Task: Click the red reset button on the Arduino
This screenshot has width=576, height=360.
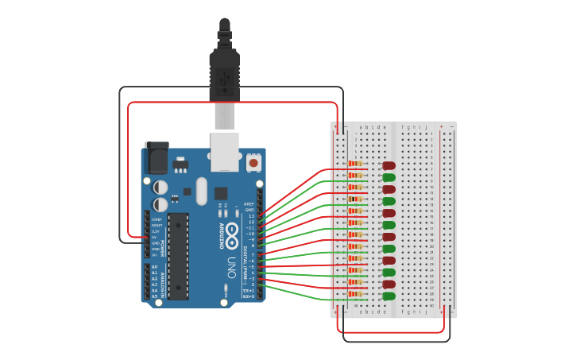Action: (253, 163)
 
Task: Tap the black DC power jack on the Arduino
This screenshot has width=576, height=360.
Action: (156, 157)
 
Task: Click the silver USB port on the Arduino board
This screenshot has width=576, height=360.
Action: (225, 151)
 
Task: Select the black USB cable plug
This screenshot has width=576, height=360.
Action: (224, 75)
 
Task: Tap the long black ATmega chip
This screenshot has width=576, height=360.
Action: (178, 255)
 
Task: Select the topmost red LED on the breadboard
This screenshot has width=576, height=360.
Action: (389, 166)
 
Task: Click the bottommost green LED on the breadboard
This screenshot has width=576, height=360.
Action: (389, 296)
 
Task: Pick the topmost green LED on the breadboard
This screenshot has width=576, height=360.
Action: (389, 178)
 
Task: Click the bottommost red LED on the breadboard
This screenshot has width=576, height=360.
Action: (389, 285)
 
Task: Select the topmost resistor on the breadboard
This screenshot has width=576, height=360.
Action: (355, 164)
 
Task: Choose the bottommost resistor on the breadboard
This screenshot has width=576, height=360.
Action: (355, 294)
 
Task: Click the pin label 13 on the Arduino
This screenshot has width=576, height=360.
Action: (251, 216)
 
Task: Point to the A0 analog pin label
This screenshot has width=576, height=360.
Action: (154, 267)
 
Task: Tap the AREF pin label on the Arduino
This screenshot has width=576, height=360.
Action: (249, 203)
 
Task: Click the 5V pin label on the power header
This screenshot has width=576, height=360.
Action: (155, 237)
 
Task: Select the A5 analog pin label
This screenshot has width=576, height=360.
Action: (154, 296)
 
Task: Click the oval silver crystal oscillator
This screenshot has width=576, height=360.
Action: (200, 191)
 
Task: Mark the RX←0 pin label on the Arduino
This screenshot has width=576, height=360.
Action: (249, 296)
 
